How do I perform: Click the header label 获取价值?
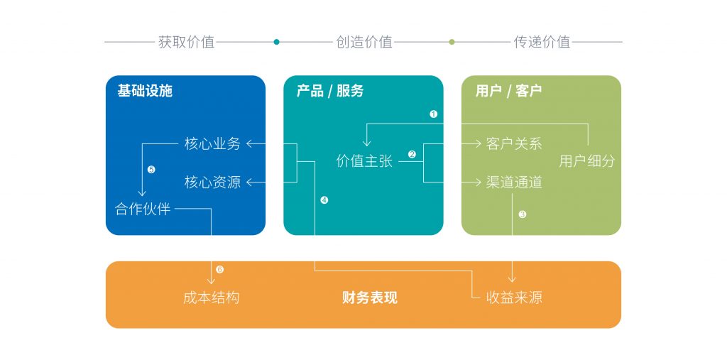point(186,42)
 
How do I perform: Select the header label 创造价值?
point(363,42)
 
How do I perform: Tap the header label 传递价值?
point(542,42)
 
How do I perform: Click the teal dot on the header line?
point(276,42)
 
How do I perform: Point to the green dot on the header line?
point(452,42)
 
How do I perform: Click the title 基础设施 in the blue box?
point(145,91)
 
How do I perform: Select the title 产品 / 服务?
point(329,91)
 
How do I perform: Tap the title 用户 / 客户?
point(508,91)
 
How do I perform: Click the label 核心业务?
point(212,144)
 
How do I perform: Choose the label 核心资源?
point(212,182)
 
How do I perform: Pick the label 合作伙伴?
point(143,209)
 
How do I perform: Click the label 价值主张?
point(363,162)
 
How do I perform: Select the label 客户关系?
point(514,144)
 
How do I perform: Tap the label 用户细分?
point(586,161)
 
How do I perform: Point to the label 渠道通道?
point(514,182)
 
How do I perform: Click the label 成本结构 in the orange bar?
point(211,298)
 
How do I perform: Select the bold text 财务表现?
point(369,298)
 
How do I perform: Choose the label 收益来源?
point(514,298)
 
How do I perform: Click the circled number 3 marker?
point(523,214)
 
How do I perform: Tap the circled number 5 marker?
point(151,170)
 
